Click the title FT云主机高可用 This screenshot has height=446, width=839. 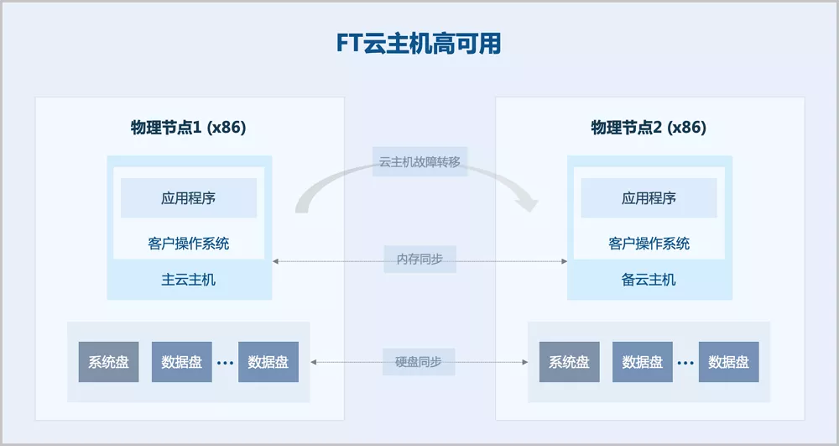[419, 44]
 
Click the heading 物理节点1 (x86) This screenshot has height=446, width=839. [189, 128]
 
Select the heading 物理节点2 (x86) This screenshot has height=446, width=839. [649, 128]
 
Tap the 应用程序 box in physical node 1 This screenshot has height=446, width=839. [189, 198]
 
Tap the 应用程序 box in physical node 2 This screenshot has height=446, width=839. [649, 198]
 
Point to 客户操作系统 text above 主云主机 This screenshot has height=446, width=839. [189, 244]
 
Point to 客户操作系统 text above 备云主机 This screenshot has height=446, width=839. [649, 244]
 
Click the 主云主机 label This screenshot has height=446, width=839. [189, 280]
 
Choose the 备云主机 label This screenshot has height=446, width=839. [649, 280]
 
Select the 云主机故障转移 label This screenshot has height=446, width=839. [419, 162]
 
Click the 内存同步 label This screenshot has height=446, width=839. [419, 260]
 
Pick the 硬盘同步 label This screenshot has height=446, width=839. [419, 362]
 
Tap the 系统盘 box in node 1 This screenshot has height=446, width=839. [109, 362]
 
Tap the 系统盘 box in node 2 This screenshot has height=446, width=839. [569, 362]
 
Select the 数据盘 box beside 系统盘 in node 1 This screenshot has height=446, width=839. [181, 362]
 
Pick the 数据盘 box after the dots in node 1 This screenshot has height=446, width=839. [268, 362]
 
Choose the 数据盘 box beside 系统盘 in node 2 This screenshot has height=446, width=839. [642, 362]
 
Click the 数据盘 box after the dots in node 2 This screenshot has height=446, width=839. [728, 362]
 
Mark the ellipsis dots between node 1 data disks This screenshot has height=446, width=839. [225, 364]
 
